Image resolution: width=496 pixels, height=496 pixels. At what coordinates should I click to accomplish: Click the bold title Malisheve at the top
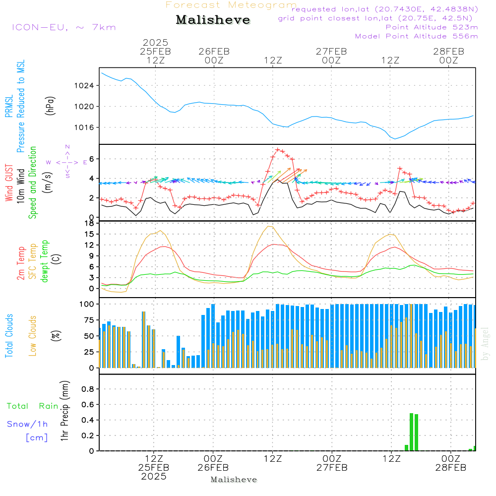tap(213, 20)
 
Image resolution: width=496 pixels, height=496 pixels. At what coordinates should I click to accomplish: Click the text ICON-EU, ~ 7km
tap(64, 27)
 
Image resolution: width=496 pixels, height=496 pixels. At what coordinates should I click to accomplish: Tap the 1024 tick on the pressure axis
tap(84, 86)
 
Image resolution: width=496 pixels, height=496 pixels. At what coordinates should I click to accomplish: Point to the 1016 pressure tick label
tap(84, 127)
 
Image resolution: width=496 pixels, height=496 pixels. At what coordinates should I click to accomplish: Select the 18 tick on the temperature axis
tap(90, 223)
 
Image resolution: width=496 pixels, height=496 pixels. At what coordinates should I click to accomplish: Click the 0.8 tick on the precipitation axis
tap(88, 389)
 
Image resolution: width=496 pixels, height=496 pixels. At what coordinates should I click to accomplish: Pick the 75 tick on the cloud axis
tap(89, 320)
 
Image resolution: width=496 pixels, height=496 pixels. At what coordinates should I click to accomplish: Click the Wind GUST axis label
tap(9, 183)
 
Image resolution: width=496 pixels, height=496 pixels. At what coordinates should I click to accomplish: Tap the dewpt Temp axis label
tap(44, 261)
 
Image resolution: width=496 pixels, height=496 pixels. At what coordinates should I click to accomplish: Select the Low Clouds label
tap(32, 336)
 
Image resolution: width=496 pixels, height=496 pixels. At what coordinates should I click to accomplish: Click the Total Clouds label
tap(9, 336)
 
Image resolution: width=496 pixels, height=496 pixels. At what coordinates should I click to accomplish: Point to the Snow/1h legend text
tap(27, 424)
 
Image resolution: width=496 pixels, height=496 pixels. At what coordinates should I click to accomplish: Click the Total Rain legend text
tap(33, 406)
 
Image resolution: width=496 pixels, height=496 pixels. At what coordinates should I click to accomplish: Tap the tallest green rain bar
tap(412, 432)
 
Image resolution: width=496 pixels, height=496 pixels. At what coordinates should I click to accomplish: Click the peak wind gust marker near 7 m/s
tap(277, 150)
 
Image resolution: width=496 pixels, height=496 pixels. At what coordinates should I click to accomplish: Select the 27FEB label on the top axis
tap(331, 52)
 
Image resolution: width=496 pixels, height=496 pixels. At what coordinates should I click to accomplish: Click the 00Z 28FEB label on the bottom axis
tap(451, 463)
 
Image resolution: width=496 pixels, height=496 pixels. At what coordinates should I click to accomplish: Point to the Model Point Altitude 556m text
tap(416, 36)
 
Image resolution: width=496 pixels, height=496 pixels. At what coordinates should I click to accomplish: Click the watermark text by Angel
tap(485, 344)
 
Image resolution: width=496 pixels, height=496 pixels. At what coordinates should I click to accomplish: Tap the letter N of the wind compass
tap(67, 147)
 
